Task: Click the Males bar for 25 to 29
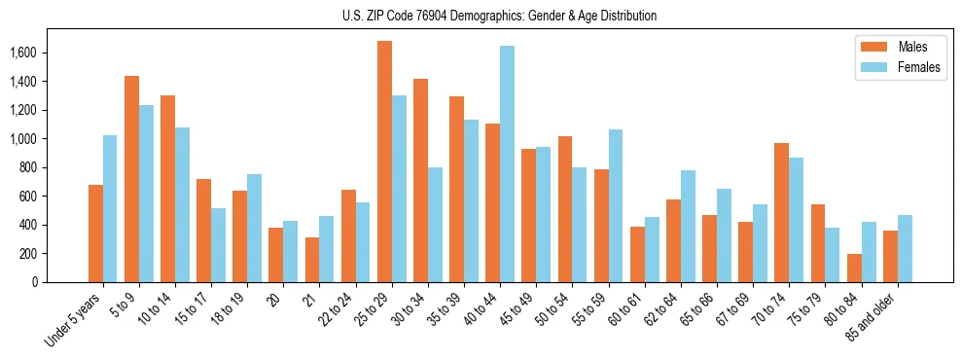pos(384,162)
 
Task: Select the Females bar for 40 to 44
pos(507,163)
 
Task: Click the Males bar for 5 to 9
pos(131,179)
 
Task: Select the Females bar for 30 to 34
pos(435,225)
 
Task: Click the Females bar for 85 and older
pos(904,248)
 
